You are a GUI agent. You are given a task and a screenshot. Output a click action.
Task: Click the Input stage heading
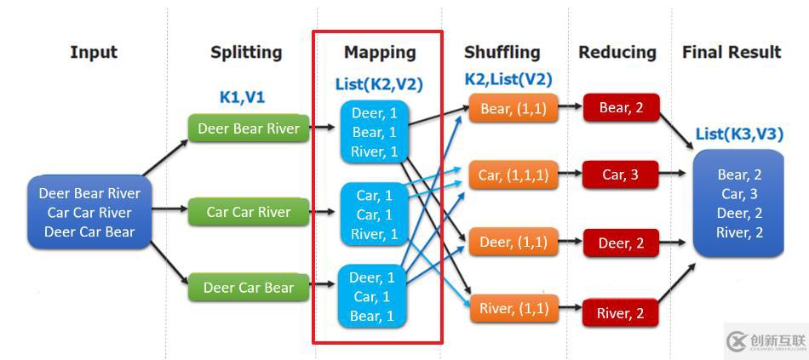tap(94, 53)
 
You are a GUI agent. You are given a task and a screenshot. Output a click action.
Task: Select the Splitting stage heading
tap(246, 53)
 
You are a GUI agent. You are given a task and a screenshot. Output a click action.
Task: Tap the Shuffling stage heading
tap(502, 53)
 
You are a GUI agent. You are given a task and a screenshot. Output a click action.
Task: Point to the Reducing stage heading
tap(617, 53)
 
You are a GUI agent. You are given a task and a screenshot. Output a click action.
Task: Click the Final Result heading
tap(732, 53)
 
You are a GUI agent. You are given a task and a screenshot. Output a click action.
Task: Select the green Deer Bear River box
tap(249, 129)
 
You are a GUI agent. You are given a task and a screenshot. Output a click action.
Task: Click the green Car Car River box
tap(249, 212)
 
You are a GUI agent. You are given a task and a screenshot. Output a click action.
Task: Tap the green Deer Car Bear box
tap(249, 288)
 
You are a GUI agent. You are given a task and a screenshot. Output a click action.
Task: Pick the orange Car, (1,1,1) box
tap(514, 174)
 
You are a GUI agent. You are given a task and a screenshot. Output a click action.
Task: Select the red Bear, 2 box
tap(621, 108)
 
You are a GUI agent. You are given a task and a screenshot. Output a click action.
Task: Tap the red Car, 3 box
tap(621, 174)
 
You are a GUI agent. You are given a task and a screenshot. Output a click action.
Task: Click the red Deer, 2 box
tap(621, 243)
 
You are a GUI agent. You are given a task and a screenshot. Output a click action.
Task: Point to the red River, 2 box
tap(621, 313)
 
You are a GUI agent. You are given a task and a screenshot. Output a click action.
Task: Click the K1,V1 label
tap(242, 97)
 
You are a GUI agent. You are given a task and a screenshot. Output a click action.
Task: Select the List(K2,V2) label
tap(379, 83)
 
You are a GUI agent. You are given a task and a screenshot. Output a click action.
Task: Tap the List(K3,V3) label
tap(738, 134)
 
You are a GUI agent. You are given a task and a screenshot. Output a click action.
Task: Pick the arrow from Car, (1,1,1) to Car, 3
tap(571, 174)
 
